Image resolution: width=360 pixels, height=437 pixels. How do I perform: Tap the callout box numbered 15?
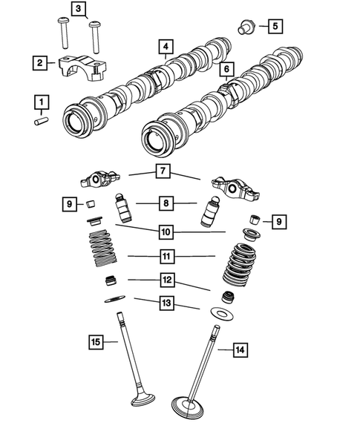(x=96, y=342)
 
